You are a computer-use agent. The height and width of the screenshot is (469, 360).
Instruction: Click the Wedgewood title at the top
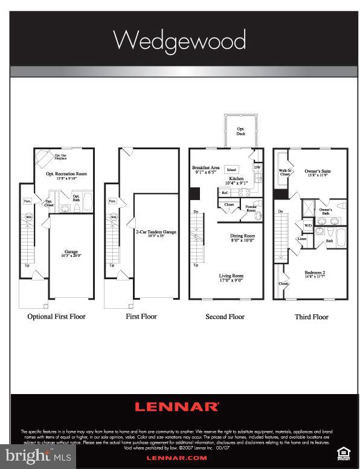tap(179, 41)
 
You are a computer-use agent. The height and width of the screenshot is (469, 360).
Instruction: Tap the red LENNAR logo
tap(176, 407)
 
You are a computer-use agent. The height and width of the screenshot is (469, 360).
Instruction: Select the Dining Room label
tap(242, 238)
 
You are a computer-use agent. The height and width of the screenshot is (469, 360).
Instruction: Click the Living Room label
tap(233, 278)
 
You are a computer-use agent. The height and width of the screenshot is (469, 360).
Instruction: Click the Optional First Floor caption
tap(56, 316)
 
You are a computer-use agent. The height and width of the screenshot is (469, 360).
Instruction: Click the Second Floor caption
tap(225, 317)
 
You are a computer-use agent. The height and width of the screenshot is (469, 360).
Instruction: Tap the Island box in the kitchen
tap(232, 170)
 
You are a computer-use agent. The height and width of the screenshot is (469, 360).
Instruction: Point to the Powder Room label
tap(250, 209)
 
